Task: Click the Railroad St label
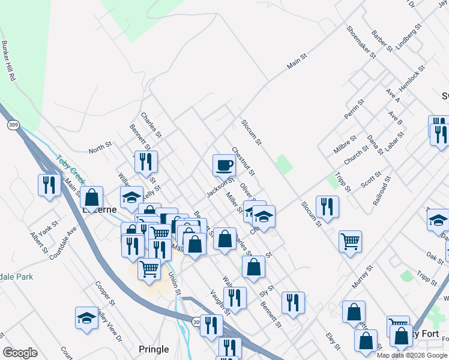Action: pyautogui.click(x=382, y=191)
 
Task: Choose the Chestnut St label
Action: pyautogui.click(x=243, y=162)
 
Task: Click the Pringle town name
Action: pyautogui.click(x=154, y=349)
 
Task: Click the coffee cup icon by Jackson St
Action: pyautogui.click(x=224, y=164)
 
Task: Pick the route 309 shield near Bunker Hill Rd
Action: pyautogui.click(x=13, y=125)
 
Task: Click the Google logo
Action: pyautogui.click(x=20, y=353)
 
